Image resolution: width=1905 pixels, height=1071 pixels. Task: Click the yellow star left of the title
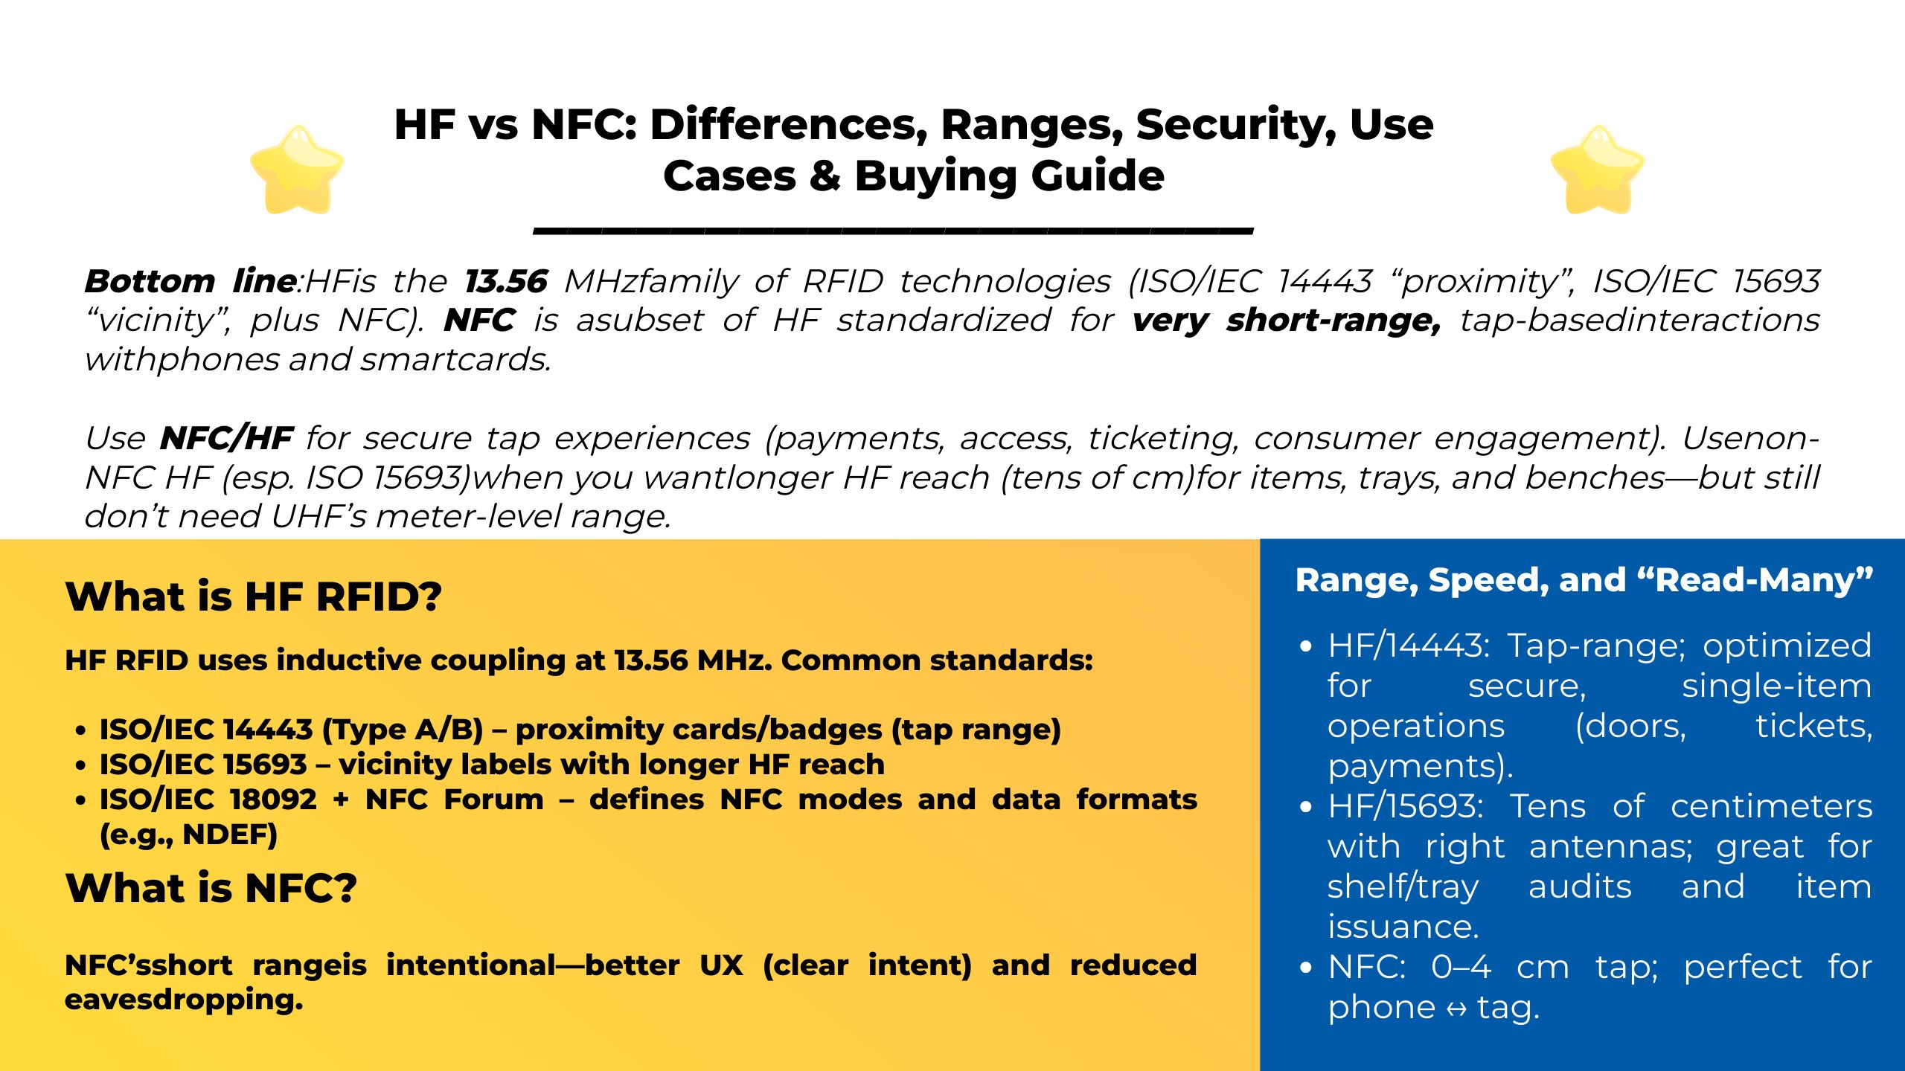click(297, 170)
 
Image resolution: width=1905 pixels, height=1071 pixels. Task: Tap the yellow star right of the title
click(1597, 170)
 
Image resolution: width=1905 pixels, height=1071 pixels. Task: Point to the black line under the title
click(893, 231)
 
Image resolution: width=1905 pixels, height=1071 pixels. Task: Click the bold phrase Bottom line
click(190, 281)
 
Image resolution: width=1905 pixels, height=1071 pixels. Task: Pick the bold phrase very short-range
click(1286, 321)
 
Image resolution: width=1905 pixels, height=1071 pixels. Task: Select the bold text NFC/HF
click(226, 438)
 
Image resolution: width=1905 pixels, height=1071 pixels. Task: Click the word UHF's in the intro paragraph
click(318, 516)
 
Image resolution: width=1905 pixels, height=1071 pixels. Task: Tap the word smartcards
click(455, 360)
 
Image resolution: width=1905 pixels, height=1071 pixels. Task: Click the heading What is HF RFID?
click(254, 596)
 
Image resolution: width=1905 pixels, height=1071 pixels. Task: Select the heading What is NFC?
click(211, 888)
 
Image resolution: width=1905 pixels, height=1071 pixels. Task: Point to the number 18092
click(273, 800)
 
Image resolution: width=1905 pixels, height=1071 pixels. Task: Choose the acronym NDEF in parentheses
click(229, 835)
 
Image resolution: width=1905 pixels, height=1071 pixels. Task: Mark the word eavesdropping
click(184, 1000)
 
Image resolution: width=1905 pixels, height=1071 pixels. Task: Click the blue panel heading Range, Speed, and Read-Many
click(1584, 580)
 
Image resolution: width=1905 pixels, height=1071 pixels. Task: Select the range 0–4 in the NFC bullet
click(1461, 967)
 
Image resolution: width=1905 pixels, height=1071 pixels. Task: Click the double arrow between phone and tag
click(1456, 1009)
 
